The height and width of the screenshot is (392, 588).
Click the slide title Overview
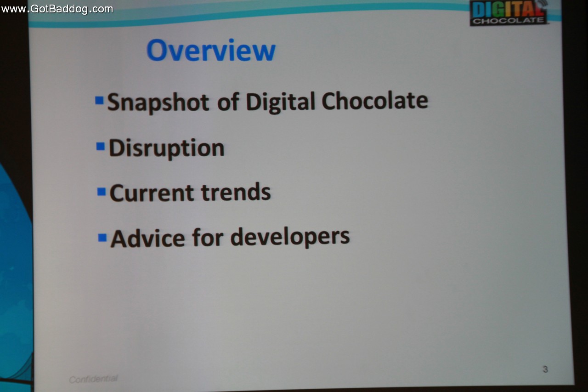(211, 50)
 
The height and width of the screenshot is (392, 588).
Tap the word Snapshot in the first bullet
(158, 102)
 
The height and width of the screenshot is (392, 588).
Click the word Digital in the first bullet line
(280, 102)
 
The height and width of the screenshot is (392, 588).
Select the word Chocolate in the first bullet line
(375, 101)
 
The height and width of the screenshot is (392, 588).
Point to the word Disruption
(166, 148)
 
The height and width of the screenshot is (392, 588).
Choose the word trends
(236, 192)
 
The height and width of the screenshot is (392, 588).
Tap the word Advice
(148, 238)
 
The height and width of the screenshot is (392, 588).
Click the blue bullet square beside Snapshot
(99, 100)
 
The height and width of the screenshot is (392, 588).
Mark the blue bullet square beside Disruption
(101, 146)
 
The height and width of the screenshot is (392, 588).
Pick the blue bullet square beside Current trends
(102, 192)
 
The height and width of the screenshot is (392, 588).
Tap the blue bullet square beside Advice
(102, 238)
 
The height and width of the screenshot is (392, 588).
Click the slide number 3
(545, 369)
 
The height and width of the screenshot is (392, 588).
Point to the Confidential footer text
(93, 379)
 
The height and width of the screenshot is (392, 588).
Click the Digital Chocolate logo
(509, 13)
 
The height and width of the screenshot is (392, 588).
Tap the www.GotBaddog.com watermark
(57, 9)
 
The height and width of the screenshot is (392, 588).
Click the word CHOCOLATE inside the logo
(509, 21)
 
